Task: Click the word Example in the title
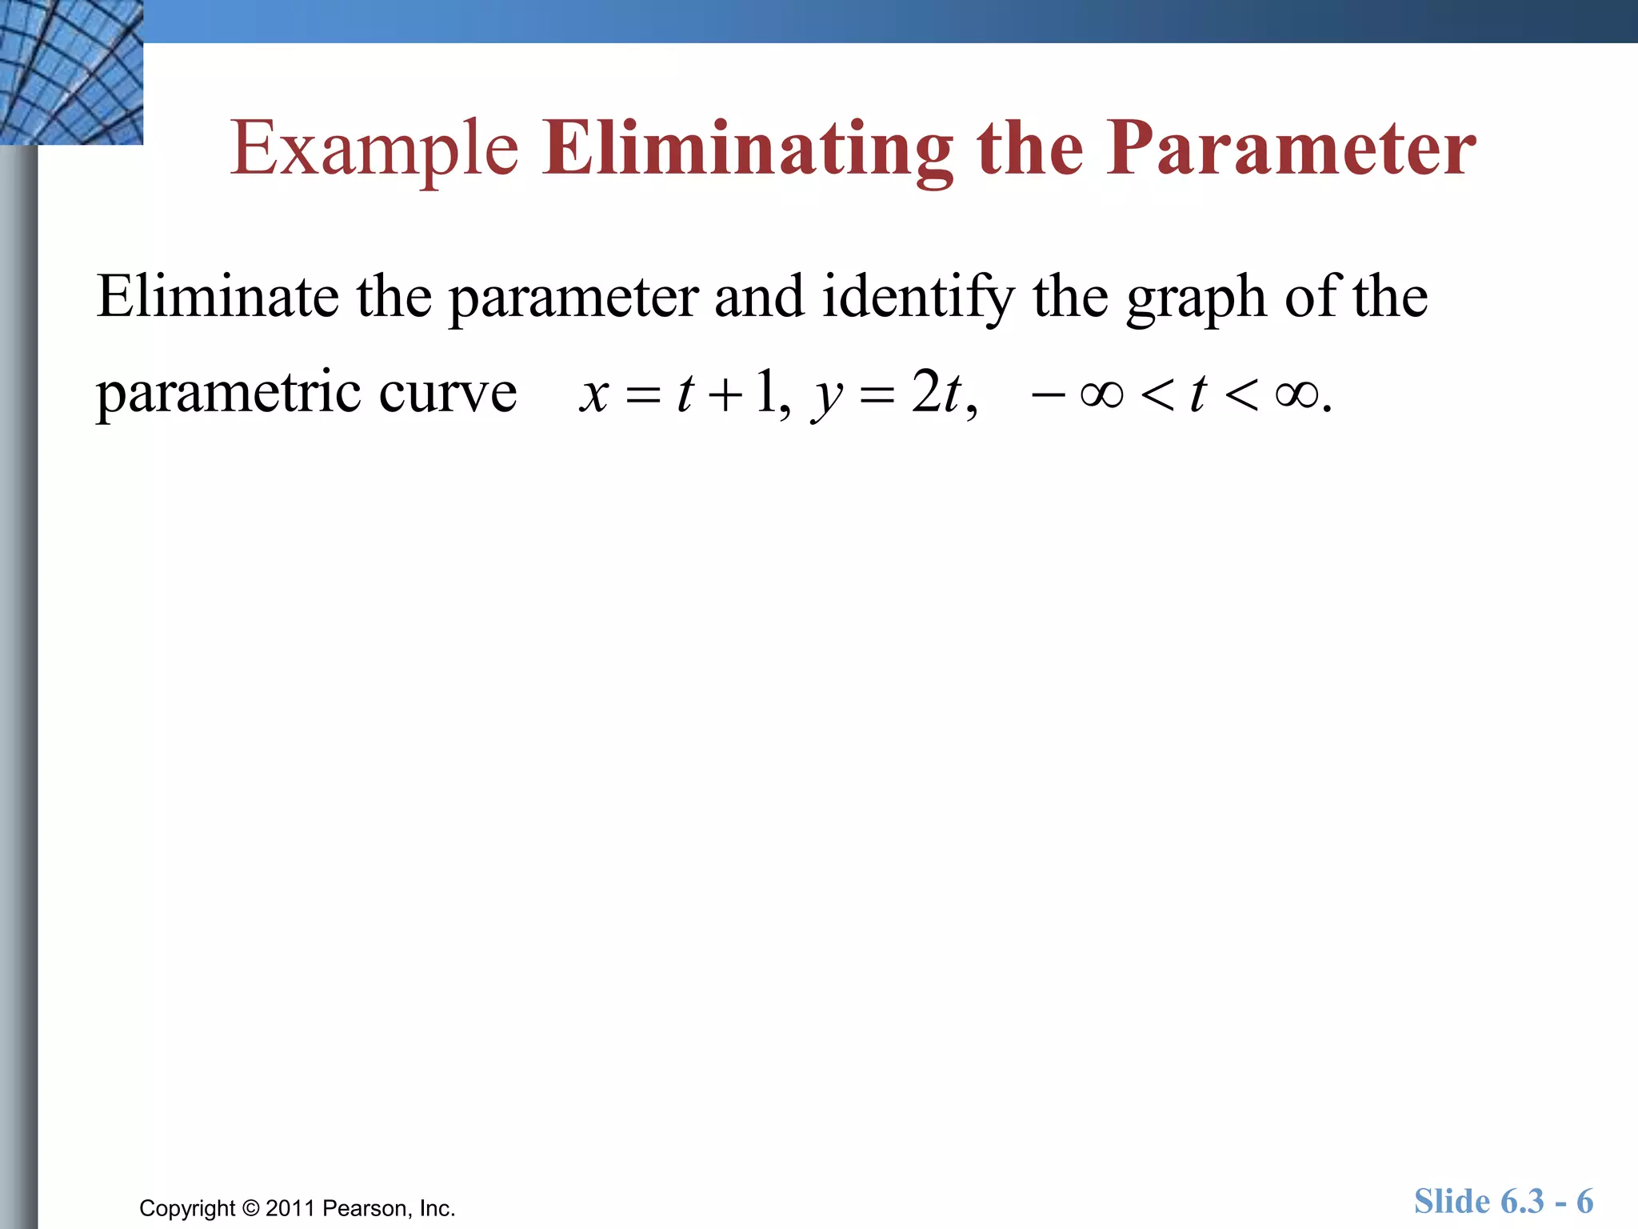[x=374, y=149]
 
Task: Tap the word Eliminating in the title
[x=748, y=149]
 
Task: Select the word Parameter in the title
[x=1291, y=149]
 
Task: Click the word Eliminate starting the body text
[x=218, y=297]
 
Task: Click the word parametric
[x=229, y=393]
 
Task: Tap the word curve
[x=448, y=393]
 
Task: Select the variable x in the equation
[x=594, y=394]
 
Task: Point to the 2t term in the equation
[x=936, y=393]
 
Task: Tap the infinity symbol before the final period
[x=1296, y=394]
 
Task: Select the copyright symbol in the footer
[x=251, y=1208]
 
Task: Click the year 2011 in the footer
[x=291, y=1208]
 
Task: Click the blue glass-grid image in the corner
[x=71, y=72]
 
